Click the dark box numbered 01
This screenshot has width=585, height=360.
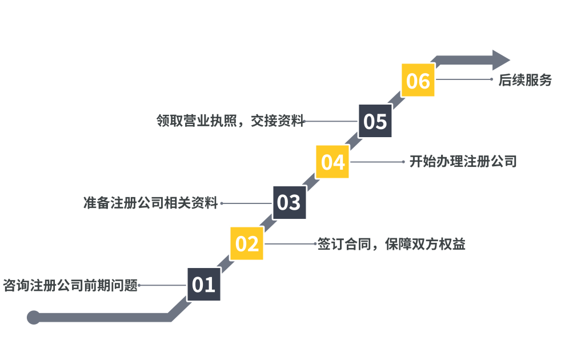point(203,284)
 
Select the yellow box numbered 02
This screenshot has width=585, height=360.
point(247,243)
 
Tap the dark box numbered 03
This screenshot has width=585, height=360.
point(289,202)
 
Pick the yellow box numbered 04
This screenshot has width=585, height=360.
point(332,162)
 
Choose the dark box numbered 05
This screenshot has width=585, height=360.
point(375,121)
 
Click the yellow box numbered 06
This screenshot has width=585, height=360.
point(418,80)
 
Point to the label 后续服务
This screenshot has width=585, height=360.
point(525,81)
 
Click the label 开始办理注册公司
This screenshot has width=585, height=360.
point(463,162)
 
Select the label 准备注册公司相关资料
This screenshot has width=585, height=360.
point(150,203)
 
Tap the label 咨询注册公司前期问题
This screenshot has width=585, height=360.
point(70,285)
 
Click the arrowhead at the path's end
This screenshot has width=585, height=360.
point(501,60)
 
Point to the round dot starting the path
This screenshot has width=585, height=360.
point(34,317)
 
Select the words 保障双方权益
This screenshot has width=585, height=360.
point(425,245)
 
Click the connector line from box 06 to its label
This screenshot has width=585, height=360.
point(463,79)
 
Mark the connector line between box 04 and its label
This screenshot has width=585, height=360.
point(377,162)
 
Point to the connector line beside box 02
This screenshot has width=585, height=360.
point(290,243)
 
